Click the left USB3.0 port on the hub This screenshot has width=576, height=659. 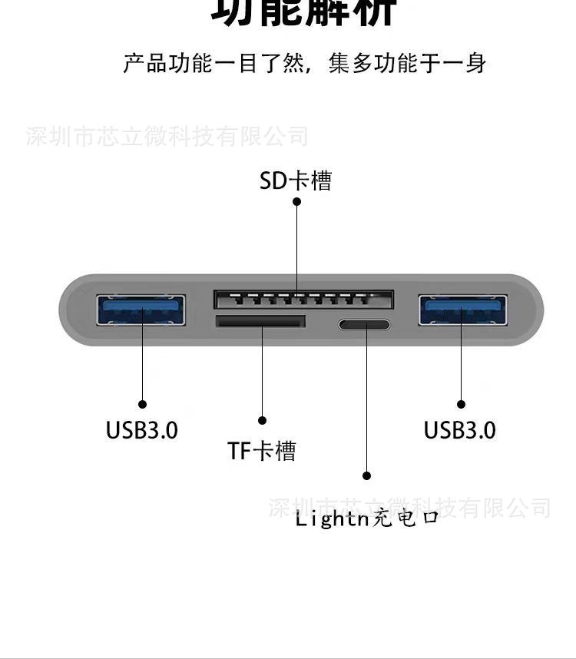click(x=142, y=310)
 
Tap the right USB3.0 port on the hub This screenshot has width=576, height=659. click(x=462, y=310)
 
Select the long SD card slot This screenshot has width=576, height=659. click(x=303, y=300)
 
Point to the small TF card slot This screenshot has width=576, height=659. click(x=260, y=321)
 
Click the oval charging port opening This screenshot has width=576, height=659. click(x=364, y=324)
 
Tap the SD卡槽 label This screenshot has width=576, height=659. click(x=296, y=180)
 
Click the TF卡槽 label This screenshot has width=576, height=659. click(x=261, y=451)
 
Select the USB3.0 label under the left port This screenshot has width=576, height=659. click(x=142, y=430)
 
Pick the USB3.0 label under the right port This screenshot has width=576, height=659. click(x=460, y=430)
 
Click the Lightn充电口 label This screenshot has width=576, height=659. click(x=367, y=518)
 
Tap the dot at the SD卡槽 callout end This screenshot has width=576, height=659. click(x=297, y=202)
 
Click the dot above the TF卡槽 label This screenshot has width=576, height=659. click(x=262, y=420)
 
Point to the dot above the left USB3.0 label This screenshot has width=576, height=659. click(x=142, y=404)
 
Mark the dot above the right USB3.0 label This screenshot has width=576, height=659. click(x=462, y=404)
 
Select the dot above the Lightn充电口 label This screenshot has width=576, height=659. click(x=367, y=476)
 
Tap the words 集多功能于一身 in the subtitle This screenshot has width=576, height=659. click(x=407, y=63)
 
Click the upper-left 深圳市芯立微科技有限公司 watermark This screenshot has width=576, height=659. click(x=167, y=137)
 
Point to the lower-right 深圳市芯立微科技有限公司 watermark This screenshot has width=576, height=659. click(x=409, y=507)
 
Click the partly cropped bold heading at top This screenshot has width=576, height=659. click(x=303, y=12)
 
